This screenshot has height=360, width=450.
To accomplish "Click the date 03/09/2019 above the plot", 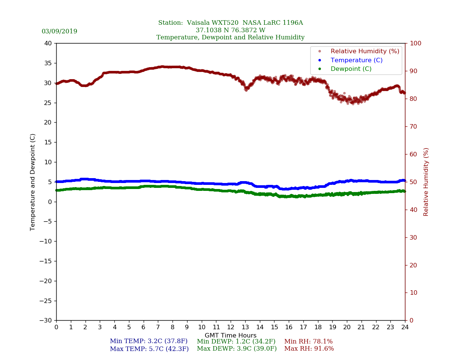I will point(59,31).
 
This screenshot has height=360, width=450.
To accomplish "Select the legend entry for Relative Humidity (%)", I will point(364,51).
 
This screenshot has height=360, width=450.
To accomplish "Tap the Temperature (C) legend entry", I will point(356,60).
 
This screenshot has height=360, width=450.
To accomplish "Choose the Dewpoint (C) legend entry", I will point(351,69).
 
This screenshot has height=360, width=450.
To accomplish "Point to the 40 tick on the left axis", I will point(48,43).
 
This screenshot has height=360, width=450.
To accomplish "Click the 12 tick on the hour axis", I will point(231,327).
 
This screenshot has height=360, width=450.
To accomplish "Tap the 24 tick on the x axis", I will point(405,327).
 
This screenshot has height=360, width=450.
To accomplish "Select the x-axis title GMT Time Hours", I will point(231,336).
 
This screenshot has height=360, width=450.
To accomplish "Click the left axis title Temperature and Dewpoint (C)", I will point(33,182).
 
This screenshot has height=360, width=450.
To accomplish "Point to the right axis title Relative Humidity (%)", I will point(426,182).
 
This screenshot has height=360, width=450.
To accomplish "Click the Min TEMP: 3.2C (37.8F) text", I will point(148,342).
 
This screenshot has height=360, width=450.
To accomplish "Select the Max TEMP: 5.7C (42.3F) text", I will point(149,349).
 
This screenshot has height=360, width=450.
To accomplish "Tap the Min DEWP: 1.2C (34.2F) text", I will point(236,342).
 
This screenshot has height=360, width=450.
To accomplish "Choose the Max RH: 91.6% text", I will point(309,349).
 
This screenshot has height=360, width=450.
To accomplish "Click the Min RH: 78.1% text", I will point(308,342).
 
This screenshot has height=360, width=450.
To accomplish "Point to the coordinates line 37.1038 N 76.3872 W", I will point(230,30).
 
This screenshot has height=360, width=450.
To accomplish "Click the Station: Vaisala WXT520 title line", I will point(230,23).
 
